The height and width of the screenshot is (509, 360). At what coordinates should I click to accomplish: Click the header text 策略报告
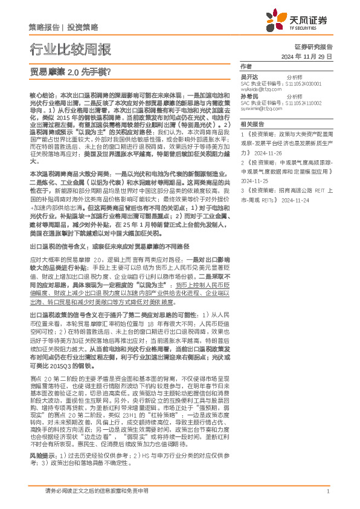point(43,27)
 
